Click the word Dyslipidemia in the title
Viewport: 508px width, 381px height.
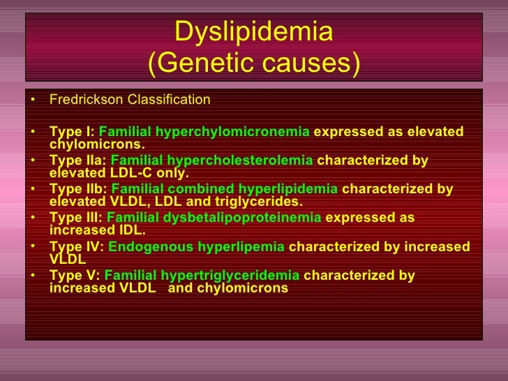coord(254,31)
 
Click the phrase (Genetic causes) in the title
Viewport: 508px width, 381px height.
coord(254,64)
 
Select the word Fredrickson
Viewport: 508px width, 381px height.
coord(84,100)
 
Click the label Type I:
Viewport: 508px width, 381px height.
coord(73,132)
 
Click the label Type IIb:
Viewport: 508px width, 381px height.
coord(78,190)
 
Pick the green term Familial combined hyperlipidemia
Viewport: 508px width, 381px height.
coord(224,190)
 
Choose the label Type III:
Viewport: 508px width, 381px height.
coord(76,218)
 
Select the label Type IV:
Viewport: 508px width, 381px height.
coord(77,246)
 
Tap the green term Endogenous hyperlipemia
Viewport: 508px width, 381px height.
coord(196,246)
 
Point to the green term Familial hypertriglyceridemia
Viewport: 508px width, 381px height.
coord(202,275)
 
